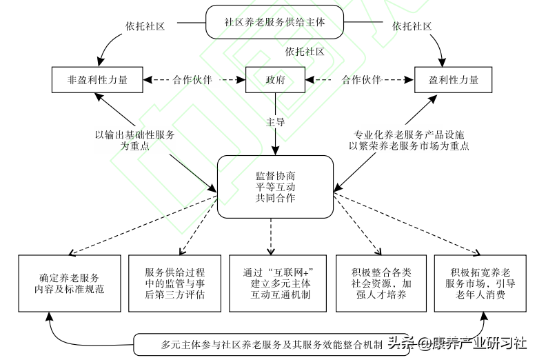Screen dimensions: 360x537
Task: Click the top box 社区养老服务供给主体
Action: point(274,22)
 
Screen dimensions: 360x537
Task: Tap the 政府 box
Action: point(276,79)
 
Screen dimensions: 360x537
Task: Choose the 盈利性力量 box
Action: point(454,79)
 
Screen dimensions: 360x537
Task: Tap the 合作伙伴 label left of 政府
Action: point(193,79)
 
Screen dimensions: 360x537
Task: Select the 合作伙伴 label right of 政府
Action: point(361,79)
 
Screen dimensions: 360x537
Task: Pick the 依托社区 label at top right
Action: point(412,26)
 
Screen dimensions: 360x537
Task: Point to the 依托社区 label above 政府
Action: point(305,51)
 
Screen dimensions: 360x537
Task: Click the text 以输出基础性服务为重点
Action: point(134,140)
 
